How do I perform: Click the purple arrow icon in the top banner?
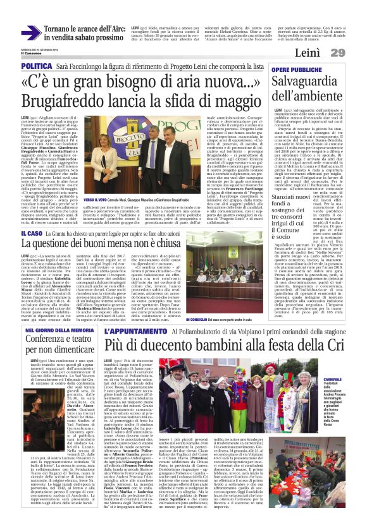click(31, 32)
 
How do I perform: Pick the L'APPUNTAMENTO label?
click(128, 330)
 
